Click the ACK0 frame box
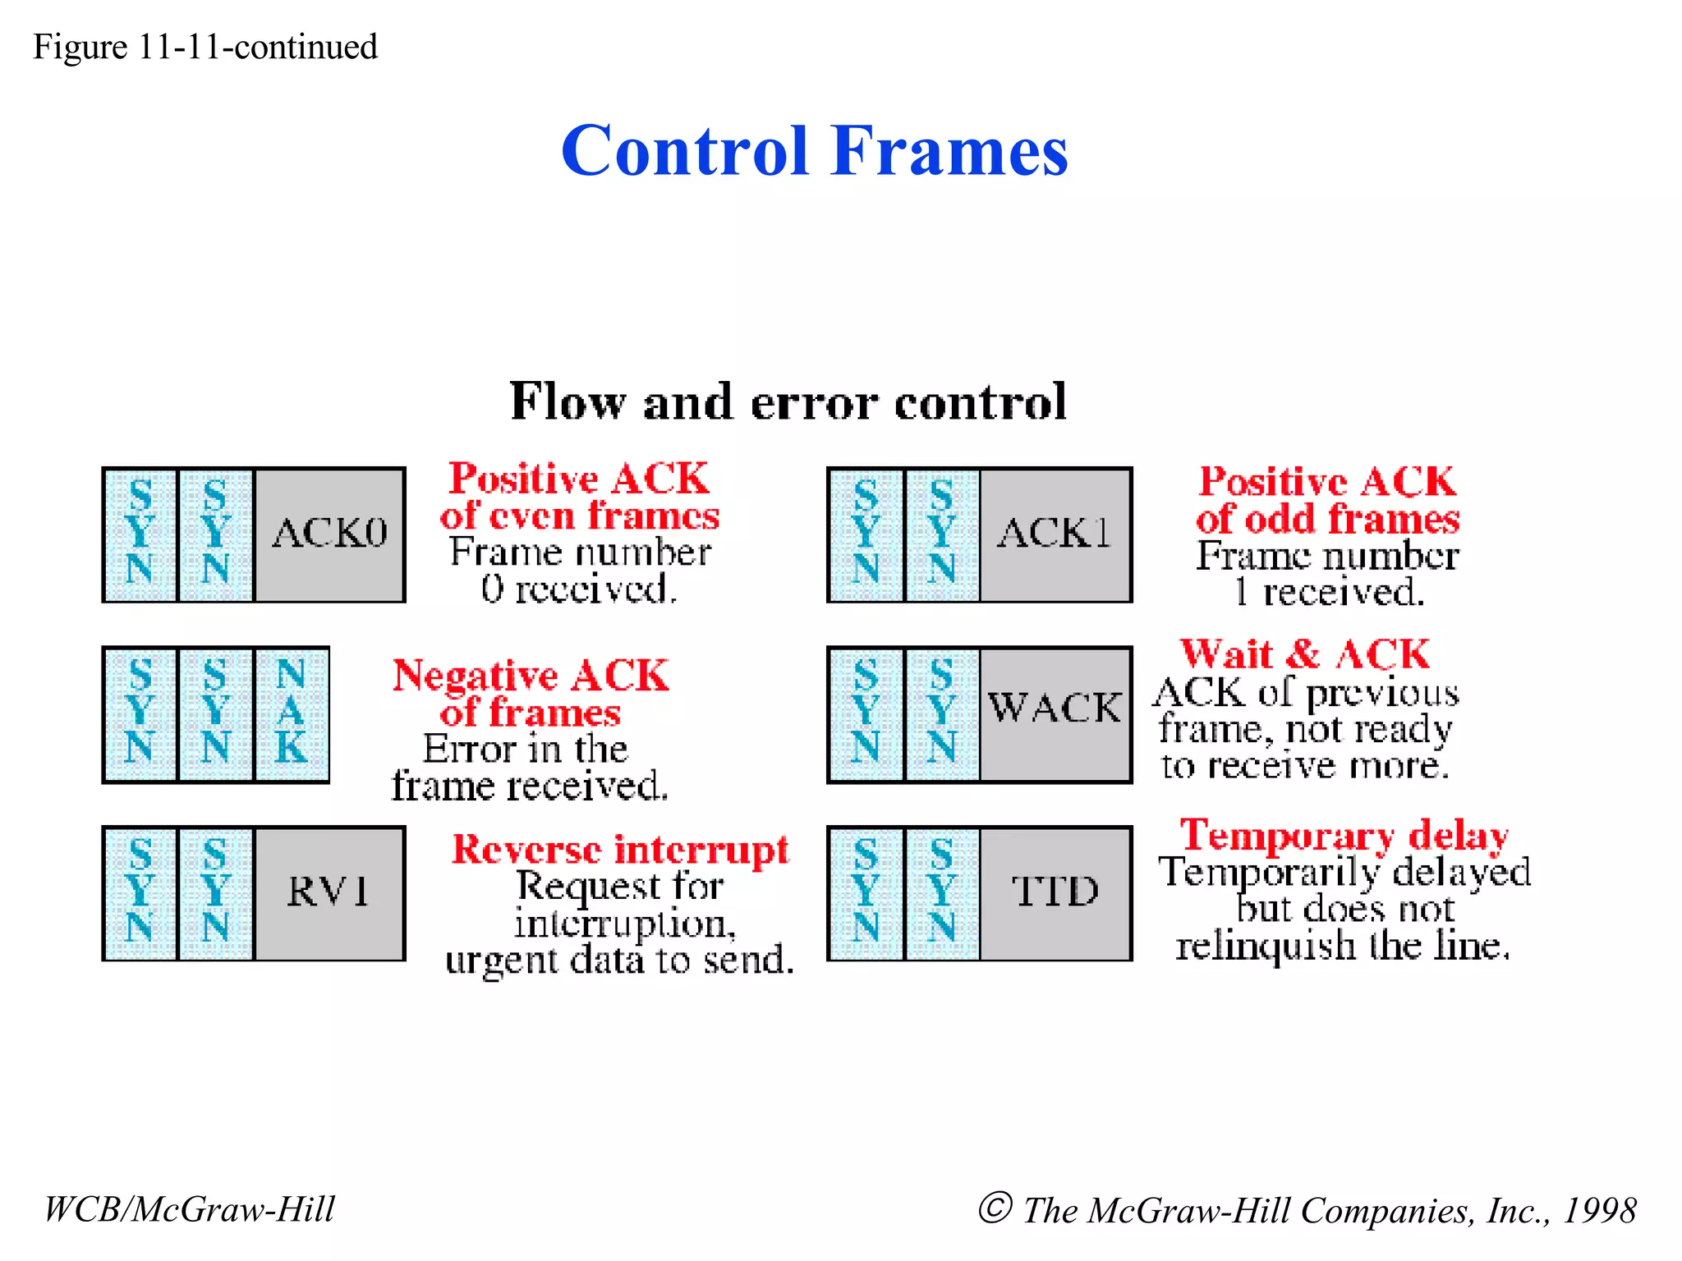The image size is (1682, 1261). pos(329,534)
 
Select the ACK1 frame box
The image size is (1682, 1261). pos(1055,534)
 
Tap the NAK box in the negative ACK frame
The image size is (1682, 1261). pos(292,713)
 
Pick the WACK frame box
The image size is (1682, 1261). pos(1055,713)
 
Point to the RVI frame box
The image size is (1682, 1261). pos(329,892)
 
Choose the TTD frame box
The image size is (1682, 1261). pos(1055,892)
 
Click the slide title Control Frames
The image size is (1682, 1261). pos(814,151)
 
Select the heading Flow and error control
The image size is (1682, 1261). pos(788,401)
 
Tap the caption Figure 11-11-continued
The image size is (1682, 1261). pos(205,47)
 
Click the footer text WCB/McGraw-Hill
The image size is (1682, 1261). pos(190,1209)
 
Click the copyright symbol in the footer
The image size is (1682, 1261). pos(995,1208)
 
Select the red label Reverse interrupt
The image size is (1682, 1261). pos(620,850)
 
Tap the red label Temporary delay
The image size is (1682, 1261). pos(1344,835)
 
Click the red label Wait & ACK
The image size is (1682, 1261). pos(1305,654)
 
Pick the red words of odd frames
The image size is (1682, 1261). pos(1327,520)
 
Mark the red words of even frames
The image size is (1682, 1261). pos(579,516)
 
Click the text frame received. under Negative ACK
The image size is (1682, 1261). pos(530,786)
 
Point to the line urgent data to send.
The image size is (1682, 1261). pos(620,960)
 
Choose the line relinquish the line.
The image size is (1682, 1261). pos(1343,946)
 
